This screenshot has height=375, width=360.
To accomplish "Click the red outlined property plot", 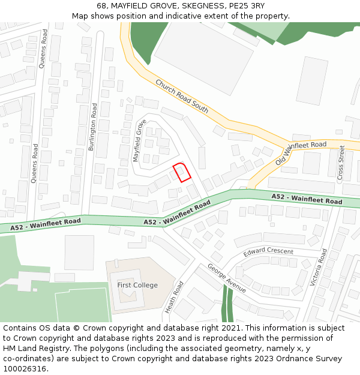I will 182,172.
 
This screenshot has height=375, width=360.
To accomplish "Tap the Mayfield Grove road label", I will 140,140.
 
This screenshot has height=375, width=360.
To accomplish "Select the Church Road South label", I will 182,96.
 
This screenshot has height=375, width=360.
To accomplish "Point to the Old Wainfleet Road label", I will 301,154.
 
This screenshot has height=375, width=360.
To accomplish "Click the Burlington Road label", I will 94,126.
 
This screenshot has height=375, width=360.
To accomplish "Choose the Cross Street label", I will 341,162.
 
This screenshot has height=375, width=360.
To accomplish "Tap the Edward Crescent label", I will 268,252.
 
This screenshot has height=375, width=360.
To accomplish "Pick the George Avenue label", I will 226,278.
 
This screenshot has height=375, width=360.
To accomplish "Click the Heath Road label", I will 174,297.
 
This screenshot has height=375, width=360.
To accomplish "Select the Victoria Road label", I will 317,267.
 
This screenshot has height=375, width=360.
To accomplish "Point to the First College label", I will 137,285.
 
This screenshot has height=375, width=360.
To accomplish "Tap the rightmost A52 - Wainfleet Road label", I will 307,199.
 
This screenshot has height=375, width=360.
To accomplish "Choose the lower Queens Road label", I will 35,162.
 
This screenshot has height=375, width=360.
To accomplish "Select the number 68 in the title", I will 101,6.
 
